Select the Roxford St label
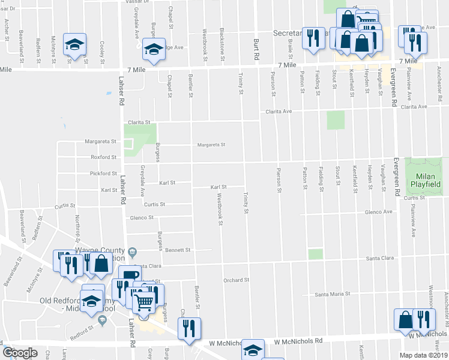[x=104, y=157]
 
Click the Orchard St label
[x=236, y=280]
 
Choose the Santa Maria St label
[x=333, y=295]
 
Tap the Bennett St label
[x=178, y=250]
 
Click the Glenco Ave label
[x=379, y=212]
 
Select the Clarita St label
[x=139, y=122]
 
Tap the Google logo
[x=20, y=352]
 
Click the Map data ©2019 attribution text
[x=423, y=355]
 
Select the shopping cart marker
[x=143, y=302]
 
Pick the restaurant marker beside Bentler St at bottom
[x=190, y=328]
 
